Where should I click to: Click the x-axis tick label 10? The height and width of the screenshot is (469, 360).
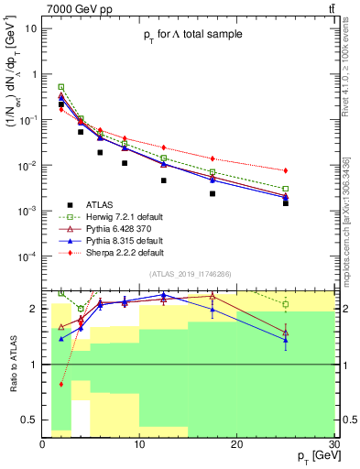pos(138,442)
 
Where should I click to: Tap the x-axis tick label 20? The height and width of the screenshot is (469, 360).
pos(236,442)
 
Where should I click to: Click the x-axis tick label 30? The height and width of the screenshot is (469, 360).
pos(333,442)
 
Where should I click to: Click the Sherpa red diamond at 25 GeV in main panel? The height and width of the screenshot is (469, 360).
pos(286,170)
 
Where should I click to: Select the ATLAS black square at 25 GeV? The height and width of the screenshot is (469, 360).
pos(286,202)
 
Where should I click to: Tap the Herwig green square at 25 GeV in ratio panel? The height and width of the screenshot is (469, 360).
pos(286,304)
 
